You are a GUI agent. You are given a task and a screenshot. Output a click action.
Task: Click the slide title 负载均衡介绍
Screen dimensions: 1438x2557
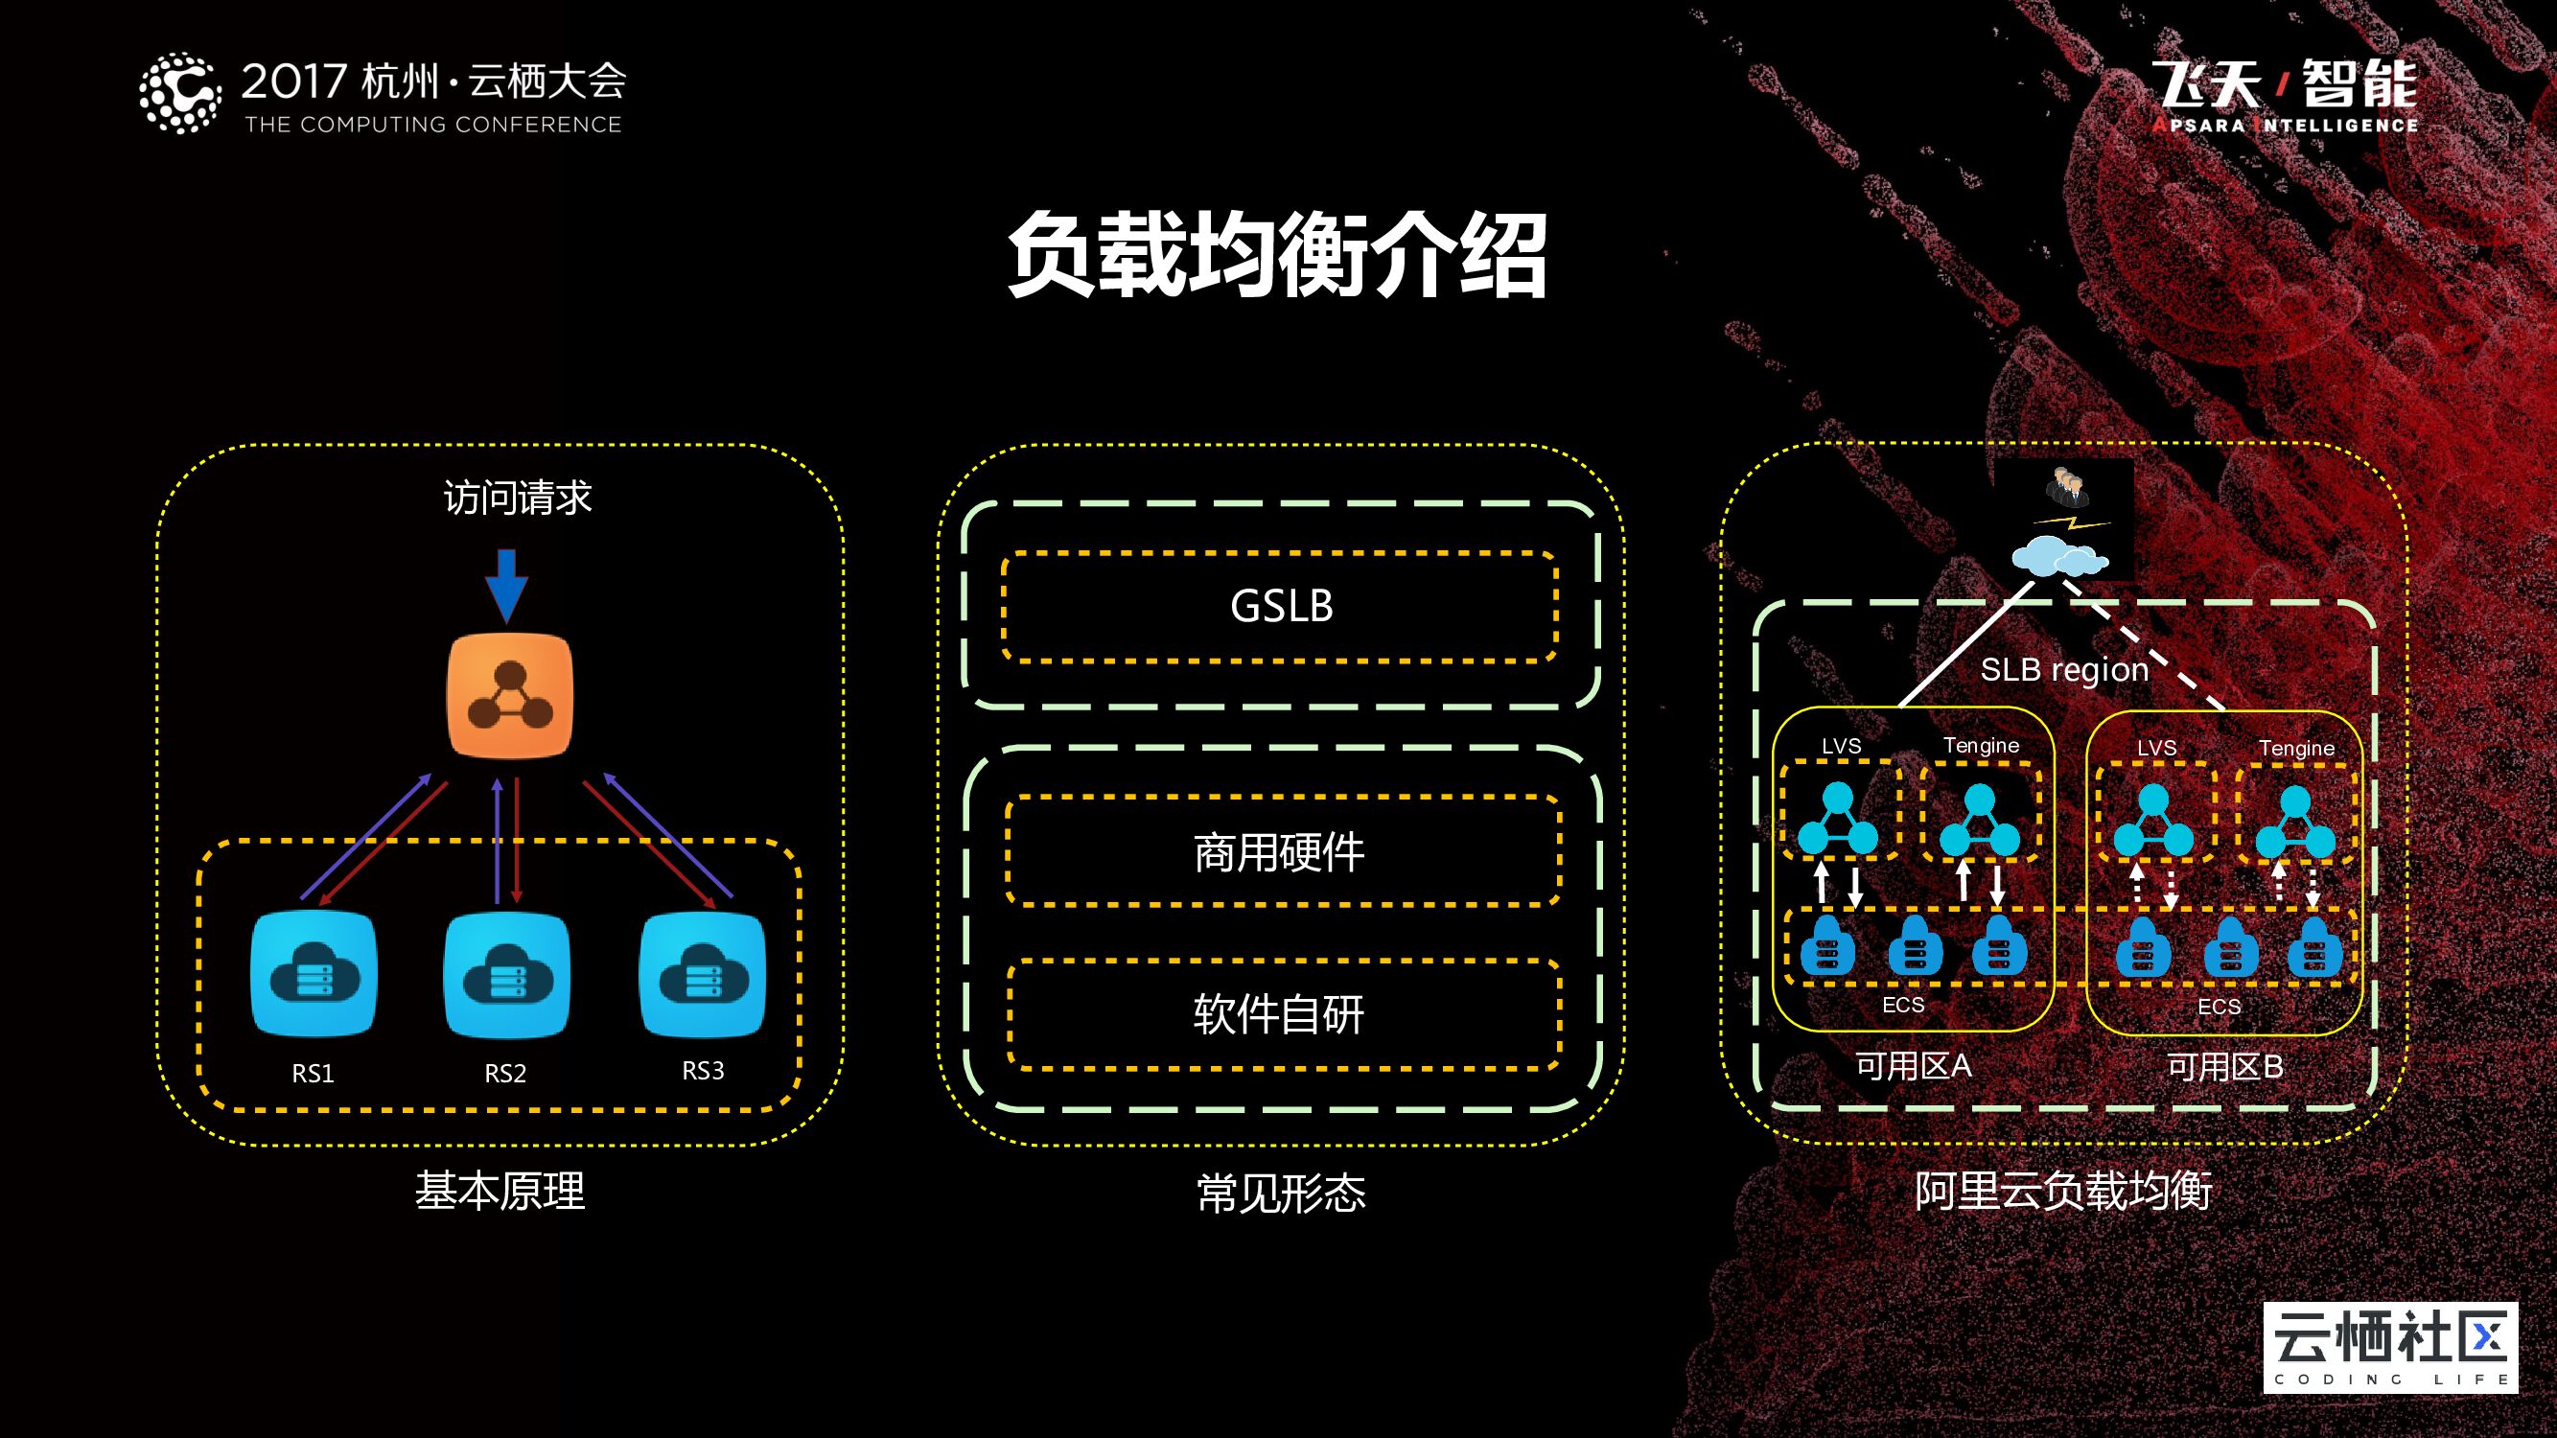[1277, 255]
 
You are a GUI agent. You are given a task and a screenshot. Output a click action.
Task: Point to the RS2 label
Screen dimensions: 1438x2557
[505, 1073]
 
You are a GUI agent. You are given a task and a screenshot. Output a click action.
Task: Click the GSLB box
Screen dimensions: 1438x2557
[1281, 607]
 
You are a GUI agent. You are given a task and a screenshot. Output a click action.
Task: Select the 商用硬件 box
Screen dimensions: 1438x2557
[1281, 852]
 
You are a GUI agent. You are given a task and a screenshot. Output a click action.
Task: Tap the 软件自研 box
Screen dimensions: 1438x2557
[1281, 1014]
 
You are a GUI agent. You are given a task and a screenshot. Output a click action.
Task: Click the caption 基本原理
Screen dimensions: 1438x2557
[500, 1191]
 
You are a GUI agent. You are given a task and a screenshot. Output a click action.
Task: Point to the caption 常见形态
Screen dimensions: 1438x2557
[1281, 1193]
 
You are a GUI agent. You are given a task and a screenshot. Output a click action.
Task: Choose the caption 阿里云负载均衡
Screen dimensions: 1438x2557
[2062, 1191]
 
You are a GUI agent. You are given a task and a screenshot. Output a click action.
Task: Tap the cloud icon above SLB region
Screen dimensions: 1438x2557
[2058, 559]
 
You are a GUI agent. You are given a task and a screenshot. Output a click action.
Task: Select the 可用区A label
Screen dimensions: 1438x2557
[1914, 1066]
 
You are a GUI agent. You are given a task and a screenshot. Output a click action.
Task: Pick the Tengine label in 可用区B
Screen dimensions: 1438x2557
[2296, 749]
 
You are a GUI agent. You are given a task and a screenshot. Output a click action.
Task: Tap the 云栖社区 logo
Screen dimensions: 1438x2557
[2390, 1348]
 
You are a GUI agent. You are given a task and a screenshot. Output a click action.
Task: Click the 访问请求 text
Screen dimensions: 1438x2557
[517, 498]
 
